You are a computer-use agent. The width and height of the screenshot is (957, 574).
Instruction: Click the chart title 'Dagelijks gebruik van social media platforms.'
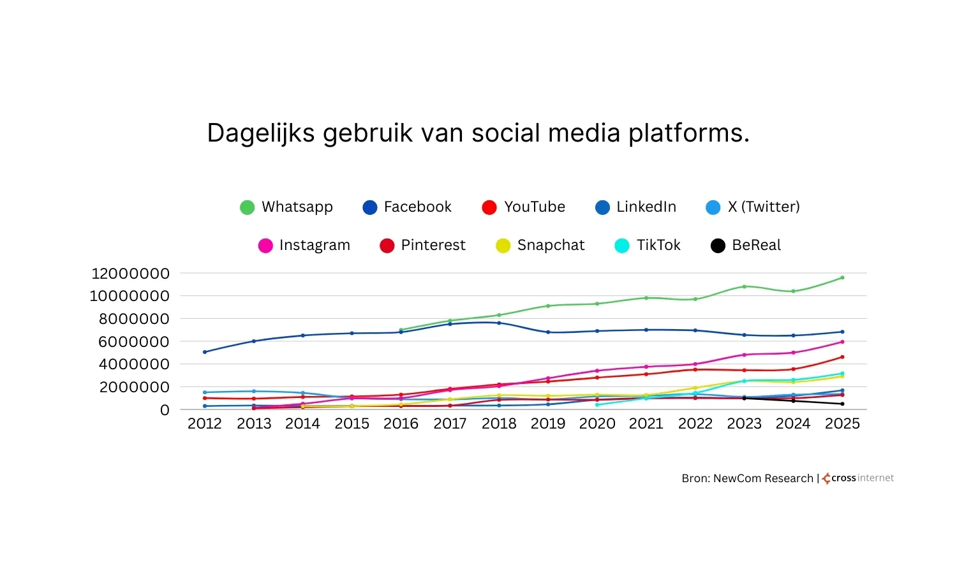(x=478, y=133)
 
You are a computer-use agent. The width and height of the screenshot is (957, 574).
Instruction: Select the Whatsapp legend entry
(x=286, y=207)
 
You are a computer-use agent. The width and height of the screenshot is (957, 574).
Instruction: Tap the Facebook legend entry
(x=407, y=207)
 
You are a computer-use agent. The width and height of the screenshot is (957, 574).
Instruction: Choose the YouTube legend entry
(x=524, y=207)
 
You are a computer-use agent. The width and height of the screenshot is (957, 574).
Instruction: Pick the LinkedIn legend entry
(x=635, y=207)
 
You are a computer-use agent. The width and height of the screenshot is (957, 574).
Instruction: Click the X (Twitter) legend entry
(x=753, y=207)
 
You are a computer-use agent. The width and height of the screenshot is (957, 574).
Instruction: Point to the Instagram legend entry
(x=304, y=246)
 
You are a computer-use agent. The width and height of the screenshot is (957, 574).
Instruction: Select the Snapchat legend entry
(x=540, y=246)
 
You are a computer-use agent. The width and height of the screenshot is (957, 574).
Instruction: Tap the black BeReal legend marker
(x=718, y=246)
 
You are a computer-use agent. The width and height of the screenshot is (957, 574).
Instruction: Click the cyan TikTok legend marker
(x=622, y=246)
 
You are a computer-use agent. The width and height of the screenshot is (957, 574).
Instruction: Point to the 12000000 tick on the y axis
(x=131, y=274)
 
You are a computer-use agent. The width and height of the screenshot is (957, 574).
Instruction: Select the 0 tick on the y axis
(x=165, y=410)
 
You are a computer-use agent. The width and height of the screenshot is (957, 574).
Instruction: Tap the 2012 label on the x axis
(x=205, y=424)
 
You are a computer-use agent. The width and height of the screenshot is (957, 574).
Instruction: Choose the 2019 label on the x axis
(x=548, y=424)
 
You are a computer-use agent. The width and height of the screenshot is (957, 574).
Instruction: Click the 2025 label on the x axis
(x=842, y=424)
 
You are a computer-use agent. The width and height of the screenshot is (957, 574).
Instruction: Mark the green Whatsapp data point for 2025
(x=842, y=277)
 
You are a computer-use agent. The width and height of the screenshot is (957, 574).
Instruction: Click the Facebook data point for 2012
(x=205, y=352)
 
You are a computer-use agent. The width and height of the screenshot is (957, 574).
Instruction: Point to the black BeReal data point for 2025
(x=842, y=404)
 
